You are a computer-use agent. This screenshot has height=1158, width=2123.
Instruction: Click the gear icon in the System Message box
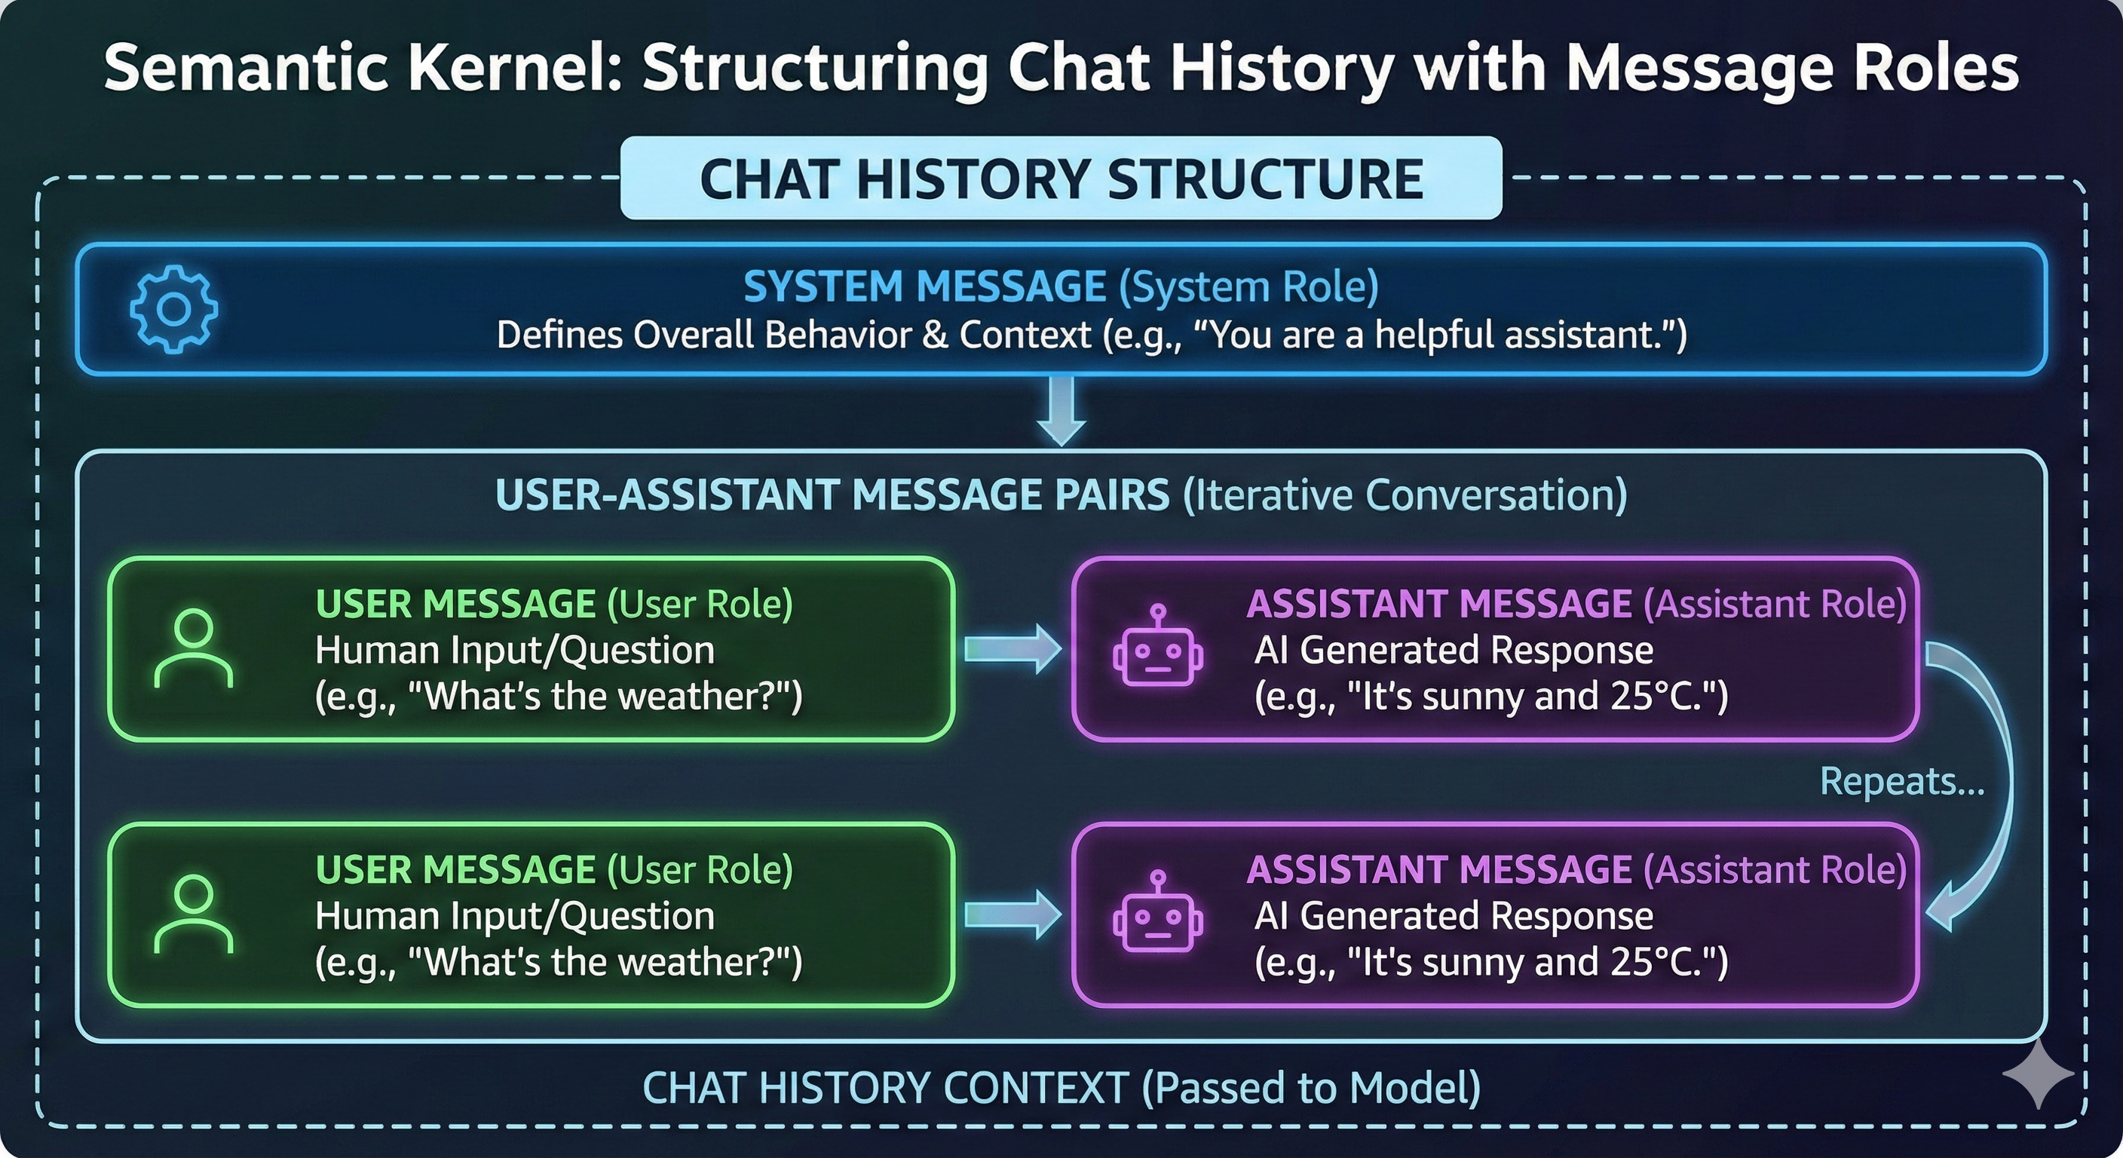coord(174,309)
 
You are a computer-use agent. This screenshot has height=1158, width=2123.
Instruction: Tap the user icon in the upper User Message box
coord(194,648)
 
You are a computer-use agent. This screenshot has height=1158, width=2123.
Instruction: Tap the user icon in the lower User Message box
coord(194,914)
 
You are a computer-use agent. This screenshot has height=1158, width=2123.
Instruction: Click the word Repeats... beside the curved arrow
coord(1901,780)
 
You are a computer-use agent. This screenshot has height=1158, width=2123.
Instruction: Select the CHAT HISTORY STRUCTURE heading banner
coord(1061,178)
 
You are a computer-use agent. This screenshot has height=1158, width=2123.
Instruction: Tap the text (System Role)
coord(1248,286)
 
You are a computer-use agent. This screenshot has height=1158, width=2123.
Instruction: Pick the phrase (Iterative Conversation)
coord(1405,495)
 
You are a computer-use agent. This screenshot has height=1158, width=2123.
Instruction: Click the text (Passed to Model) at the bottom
coord(1310,1087)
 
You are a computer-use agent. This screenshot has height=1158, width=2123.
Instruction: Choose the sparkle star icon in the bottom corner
coord(2036,1072)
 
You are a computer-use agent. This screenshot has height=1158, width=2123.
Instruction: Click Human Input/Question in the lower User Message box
coord(514,916)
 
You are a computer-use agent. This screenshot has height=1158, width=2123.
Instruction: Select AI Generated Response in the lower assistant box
coord(1453,916)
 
